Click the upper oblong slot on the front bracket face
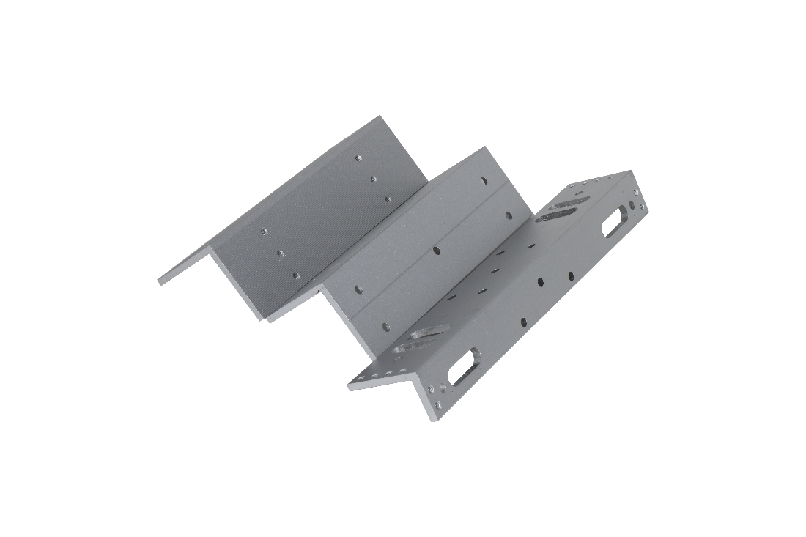pyautogui.click(x=614, y=222)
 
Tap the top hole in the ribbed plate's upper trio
pyautogui.click(x=358, y=157)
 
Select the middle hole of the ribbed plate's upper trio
pyautogui.click(x=374, y=177)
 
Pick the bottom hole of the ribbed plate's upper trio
pyautogui.click(x=388, y=198)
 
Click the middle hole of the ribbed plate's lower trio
pyautogui.click(x=280, y=253)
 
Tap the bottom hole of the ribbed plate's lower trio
pyautogui.click(x=295, y=275)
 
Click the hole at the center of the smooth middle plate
pyautogui.click(x=437, y=250)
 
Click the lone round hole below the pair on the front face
pyautogui.click(x=523, y=320)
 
